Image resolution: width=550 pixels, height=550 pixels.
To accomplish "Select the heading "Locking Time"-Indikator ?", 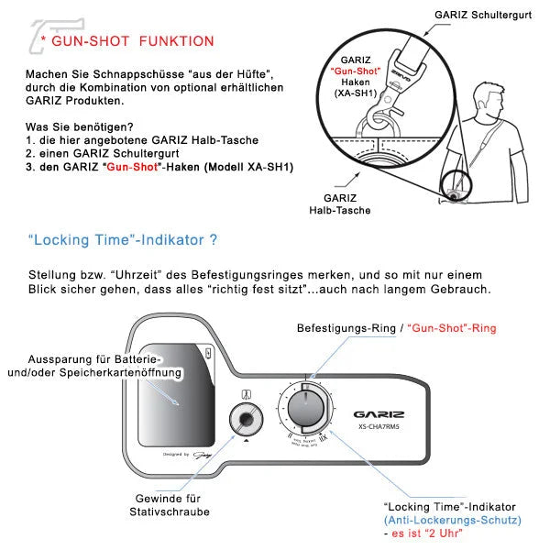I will pyautogui.click(x=123, y=240).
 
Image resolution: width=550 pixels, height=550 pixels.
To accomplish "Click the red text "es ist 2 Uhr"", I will pyautogui.click(x=426, y=533).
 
